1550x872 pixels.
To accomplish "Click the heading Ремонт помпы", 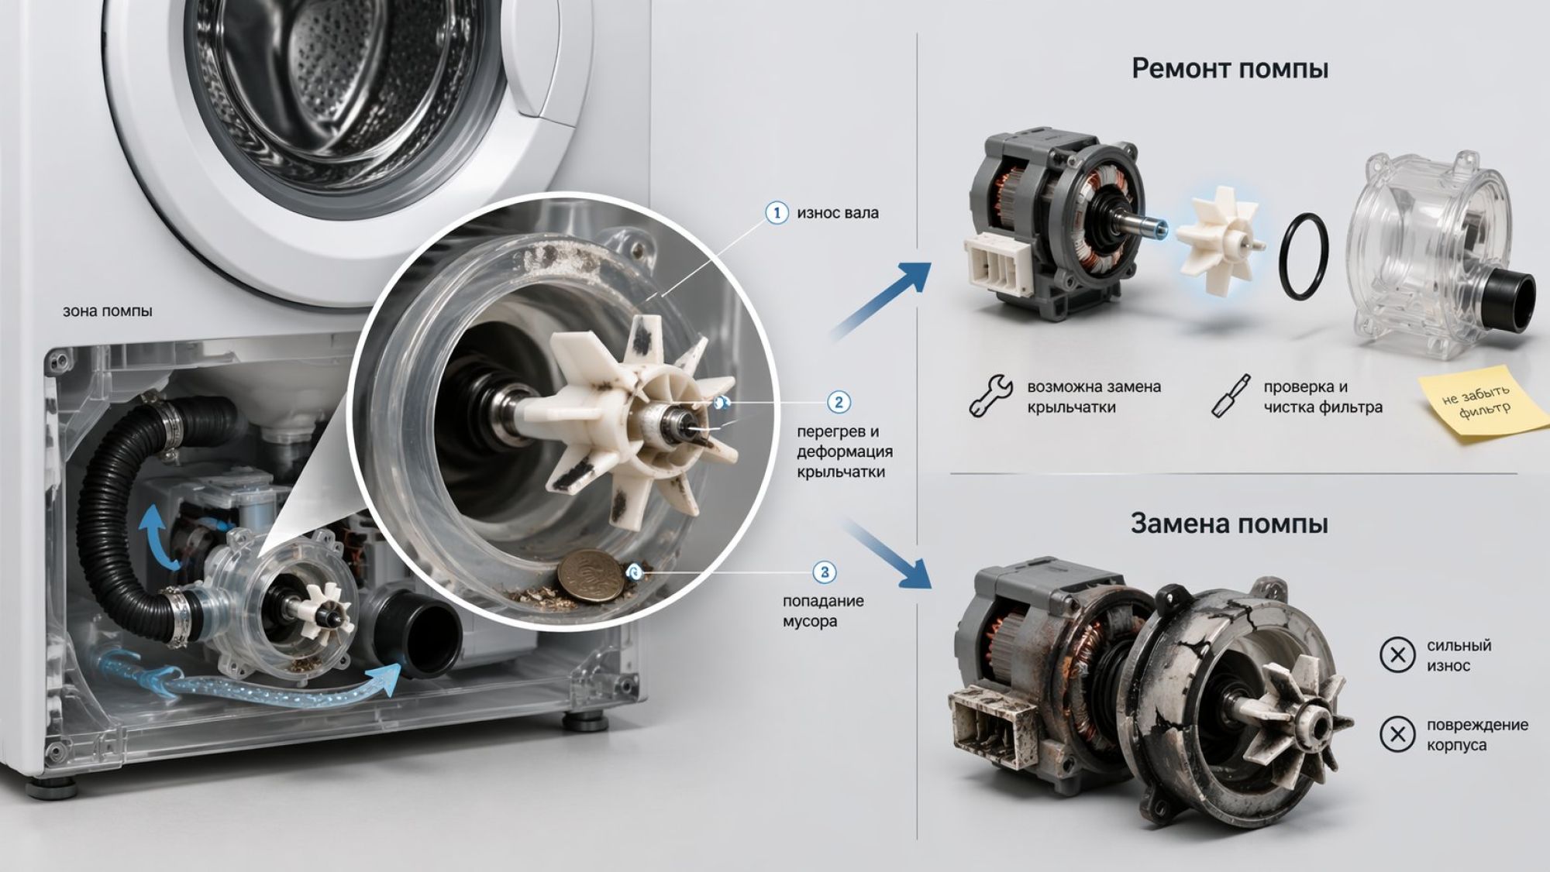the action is [1230, 69].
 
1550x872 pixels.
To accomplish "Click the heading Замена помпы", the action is [1229, 524].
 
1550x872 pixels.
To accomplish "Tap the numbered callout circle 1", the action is [777, 212].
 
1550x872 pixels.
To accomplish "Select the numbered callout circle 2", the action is [839, 402].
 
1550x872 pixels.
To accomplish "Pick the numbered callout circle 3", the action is [824, 573].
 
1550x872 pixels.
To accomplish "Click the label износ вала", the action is [838, 213].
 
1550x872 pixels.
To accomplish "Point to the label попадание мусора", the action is [823, 611].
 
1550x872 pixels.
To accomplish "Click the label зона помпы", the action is [108, 311].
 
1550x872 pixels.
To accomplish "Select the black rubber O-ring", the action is [1304, 256].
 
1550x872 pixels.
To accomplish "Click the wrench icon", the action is [990, 396].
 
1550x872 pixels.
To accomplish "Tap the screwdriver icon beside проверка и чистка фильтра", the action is [1230, 396].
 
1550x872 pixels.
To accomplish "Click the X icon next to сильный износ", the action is [1397, 655].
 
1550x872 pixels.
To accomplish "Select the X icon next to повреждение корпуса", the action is [1397, 734].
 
